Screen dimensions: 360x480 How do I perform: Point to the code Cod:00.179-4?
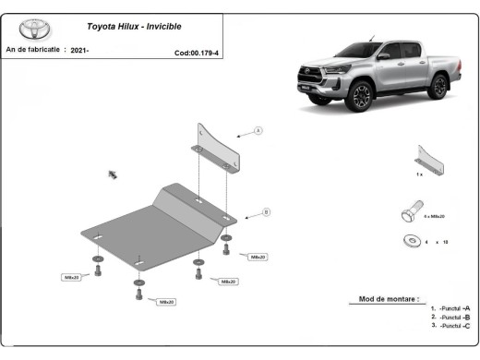(197, 53)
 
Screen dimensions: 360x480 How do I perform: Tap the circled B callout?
(266, 212)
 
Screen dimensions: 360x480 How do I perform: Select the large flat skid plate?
(152, 226)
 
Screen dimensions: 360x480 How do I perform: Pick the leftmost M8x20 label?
(72, 276)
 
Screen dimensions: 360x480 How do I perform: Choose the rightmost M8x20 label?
(258, 257)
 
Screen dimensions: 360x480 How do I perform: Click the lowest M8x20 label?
(167, 301)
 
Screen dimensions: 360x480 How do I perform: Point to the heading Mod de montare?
(389, 299)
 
